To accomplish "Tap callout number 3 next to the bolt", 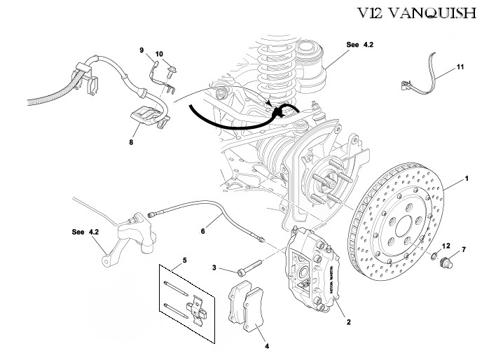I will [x=216, y=268].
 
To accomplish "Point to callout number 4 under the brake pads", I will [x=266, y=345].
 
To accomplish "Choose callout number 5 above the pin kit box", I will [x=185, y=261].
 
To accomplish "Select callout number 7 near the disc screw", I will [x=463, y=249].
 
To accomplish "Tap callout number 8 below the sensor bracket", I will [x=131, y=141].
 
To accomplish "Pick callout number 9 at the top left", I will [x=142, y=50].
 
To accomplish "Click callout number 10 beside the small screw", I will [x=159, y=54].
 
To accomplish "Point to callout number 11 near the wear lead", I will [x=460, y=67].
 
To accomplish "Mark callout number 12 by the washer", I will [x=445, y=246].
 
